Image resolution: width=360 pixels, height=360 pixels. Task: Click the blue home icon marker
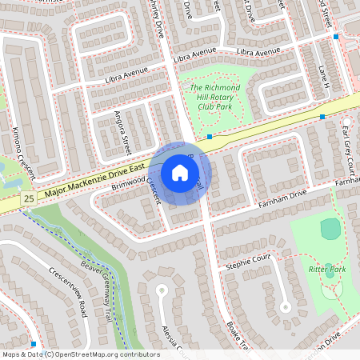point(180,172)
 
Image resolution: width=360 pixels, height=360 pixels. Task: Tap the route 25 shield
point(29,198)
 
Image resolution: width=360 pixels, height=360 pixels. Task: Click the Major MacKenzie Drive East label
point(94,180)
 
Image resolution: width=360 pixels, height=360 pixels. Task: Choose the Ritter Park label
point(326,270)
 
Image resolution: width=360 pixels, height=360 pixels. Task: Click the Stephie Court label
point(249,259)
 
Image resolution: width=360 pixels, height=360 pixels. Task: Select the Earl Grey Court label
point(347,145)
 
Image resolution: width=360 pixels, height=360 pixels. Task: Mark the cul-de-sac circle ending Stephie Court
point(284,306)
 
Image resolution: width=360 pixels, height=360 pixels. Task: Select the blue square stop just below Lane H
point(322,117)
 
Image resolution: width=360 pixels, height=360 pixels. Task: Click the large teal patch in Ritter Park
point(330,229)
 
